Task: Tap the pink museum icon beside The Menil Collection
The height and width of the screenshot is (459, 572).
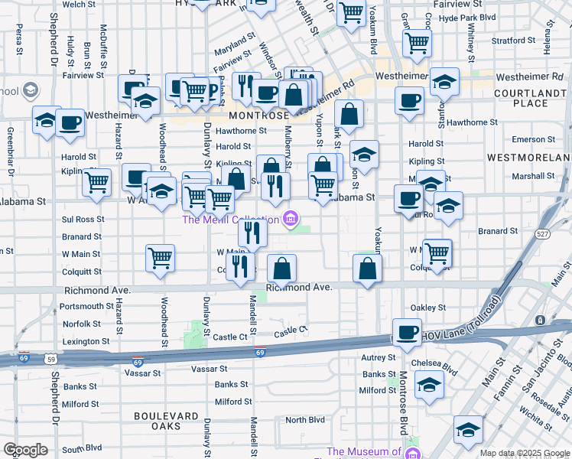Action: pyautogui.click(x=290, y=220)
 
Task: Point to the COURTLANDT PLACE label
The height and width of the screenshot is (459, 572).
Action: pyautogui.click(x=531, y=97)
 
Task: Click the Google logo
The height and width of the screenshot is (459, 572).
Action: pyautogui.click(x=25, y=450)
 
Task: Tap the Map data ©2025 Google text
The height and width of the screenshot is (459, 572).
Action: pyautogui.click(x=524, y=453)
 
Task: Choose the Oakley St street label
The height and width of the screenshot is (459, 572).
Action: pyautogui.click(x=427, y=308)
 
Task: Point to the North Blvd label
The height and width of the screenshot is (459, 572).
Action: pyautogui.click(x=305, y=420)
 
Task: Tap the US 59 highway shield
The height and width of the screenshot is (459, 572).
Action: pyautogui.click(x=50, y=358)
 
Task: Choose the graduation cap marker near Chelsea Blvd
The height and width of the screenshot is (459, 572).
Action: pyautogui.click(x=430, y=386)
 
